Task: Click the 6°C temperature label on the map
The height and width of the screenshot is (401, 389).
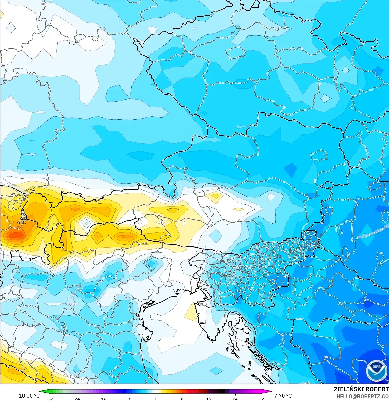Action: point(22,222)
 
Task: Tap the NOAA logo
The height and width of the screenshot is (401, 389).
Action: point(377,371)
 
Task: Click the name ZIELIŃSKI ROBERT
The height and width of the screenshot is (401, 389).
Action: point(361,389)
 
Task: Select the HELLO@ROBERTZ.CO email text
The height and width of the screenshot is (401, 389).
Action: point(362,397)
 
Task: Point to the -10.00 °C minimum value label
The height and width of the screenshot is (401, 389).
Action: point(28,396)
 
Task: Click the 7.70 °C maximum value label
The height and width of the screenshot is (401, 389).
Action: point(283,396)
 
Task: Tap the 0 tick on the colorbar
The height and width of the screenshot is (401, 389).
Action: point(156,399)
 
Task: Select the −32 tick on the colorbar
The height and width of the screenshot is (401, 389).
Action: point(50,399)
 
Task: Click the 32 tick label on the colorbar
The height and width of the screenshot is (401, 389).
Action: point(261,399)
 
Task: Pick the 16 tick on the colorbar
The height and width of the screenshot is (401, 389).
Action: point(208,399)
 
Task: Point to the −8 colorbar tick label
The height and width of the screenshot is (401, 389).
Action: point(129,399)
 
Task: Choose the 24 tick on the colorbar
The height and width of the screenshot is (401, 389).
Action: point(235,399)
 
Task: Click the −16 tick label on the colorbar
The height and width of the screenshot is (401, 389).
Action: point(103,399)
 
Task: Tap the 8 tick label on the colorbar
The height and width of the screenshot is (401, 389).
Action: point(182,399)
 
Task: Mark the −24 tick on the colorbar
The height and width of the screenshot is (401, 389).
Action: point(76,399)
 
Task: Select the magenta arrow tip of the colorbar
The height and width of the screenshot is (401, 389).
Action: point(270,392)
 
